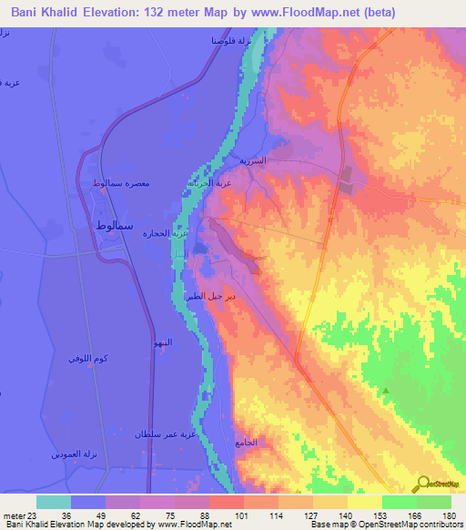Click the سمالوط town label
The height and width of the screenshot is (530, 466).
[116, 224]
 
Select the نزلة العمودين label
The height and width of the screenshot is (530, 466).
[70, 453]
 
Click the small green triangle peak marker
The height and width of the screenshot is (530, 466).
[386, 391]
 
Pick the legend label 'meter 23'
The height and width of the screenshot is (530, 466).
[18, 515]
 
